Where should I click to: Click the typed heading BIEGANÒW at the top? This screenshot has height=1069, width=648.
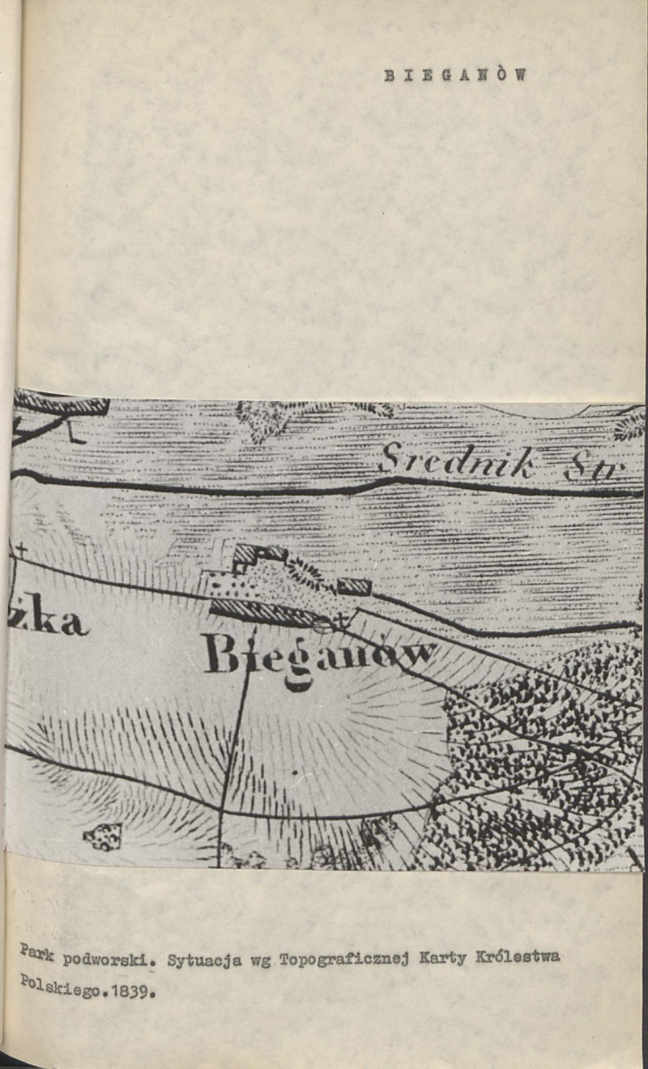pyautogui.click(x=455, y=76)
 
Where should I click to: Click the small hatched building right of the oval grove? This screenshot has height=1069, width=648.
pyautogui.click(x=354, y=586)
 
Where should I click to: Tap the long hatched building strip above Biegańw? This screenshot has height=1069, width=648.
pyautogui.click(x=264, y=611)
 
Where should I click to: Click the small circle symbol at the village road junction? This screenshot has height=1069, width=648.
pyautogui.click(x=324, y=625)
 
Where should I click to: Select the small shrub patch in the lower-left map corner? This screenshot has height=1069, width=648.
pyautogui.click(x=103, y=835)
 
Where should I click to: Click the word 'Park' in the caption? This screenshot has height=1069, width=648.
pyautogui.click(x=37, y=956)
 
